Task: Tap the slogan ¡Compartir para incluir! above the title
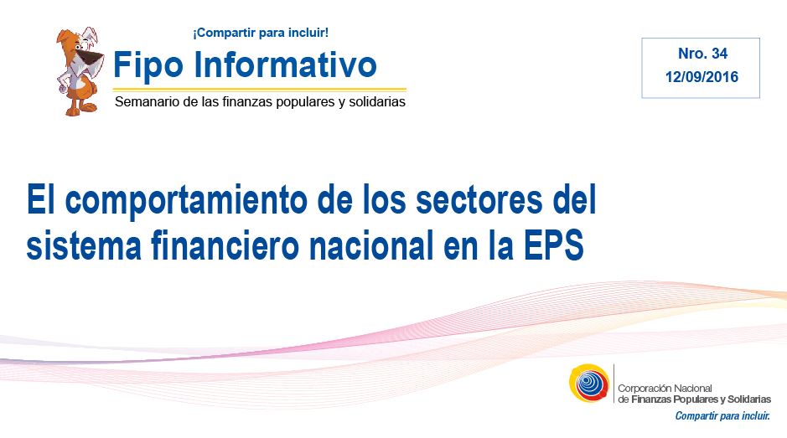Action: pyautogui.click(x=261, y=33)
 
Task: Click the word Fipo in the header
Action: pyautogui.click(x=148, y=65)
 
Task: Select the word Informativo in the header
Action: pyautogui.click(x=285, y=64)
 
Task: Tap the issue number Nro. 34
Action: pyautogui.click(x=702, y=54)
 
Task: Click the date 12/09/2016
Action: pyautogui.click(x=702, y=77)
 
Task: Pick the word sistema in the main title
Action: pyautogui.click(x=84, y=245)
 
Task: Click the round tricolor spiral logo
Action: pyautogui.click(x=589, y=383)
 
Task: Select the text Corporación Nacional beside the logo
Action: pyautogui.click(x=665, y=389)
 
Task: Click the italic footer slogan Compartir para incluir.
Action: pyautogui.click(x=722, y=416)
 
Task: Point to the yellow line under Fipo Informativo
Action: pyautogui.click(x=260, y=90)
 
